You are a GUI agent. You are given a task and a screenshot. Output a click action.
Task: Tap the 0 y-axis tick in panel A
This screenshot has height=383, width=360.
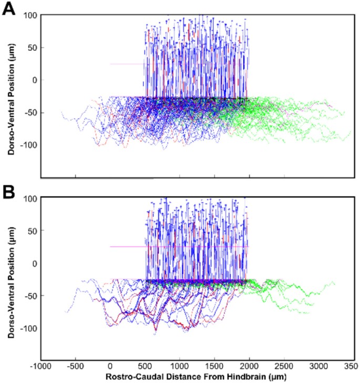36,80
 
